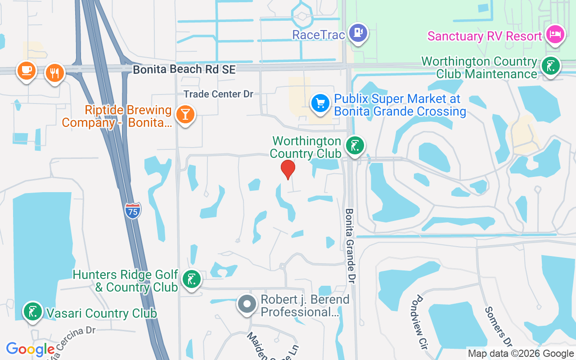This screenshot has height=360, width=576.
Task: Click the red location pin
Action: tap(288, 170)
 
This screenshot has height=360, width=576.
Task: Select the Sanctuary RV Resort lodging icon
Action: tap(555, 34)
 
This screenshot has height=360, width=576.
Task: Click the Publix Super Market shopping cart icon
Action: tap(320, 103)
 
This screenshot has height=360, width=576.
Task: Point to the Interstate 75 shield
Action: tap(133, 211)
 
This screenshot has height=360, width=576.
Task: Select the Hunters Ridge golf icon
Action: tap(191, 280)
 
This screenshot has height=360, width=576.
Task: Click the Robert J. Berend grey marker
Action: tap(247, 304)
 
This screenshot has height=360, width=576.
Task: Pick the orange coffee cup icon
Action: tap(27, 70)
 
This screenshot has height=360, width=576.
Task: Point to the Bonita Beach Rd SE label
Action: tap(184, 69)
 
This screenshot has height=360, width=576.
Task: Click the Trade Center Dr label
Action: tap(218, 94)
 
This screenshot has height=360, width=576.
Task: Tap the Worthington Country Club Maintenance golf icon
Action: tap(551, 66)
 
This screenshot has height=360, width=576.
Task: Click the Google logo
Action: tap(30, 350)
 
